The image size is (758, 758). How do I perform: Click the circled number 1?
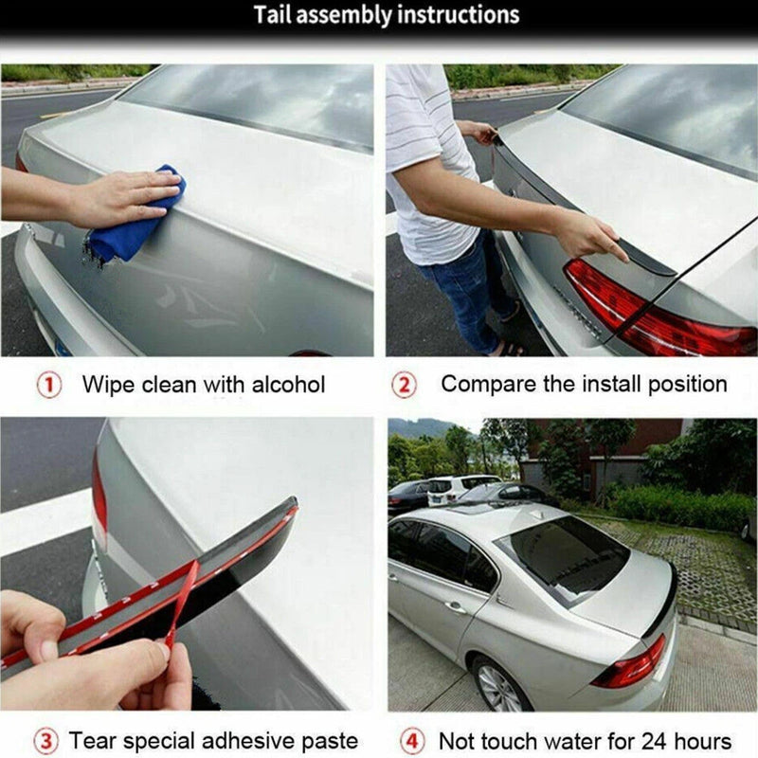coord(49,385)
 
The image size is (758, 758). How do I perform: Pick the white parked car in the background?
coord(460,488)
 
